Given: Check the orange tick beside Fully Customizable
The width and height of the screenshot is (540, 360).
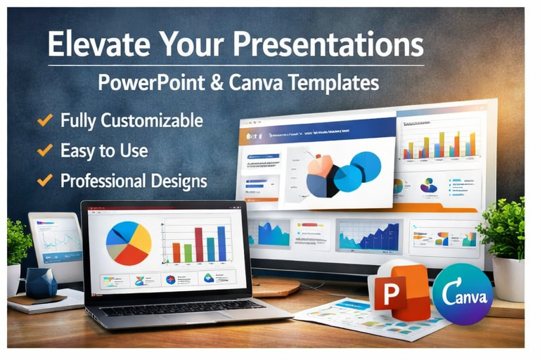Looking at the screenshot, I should tap(44, 120).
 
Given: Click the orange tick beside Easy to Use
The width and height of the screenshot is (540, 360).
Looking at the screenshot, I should tap(44, 150).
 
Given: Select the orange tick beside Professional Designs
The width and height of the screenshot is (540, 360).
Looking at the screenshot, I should tap(44, 181).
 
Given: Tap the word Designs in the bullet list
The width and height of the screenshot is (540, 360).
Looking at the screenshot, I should tap(178, 181).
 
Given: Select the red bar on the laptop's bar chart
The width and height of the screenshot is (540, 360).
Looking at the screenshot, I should tap(199, 245).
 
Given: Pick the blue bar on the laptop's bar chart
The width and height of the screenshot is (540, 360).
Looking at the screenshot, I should tap(221, 243).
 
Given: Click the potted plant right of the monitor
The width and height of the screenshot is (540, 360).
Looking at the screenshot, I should tap(505, 239).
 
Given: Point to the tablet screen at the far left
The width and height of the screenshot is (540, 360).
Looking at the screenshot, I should tap(57, 239).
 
